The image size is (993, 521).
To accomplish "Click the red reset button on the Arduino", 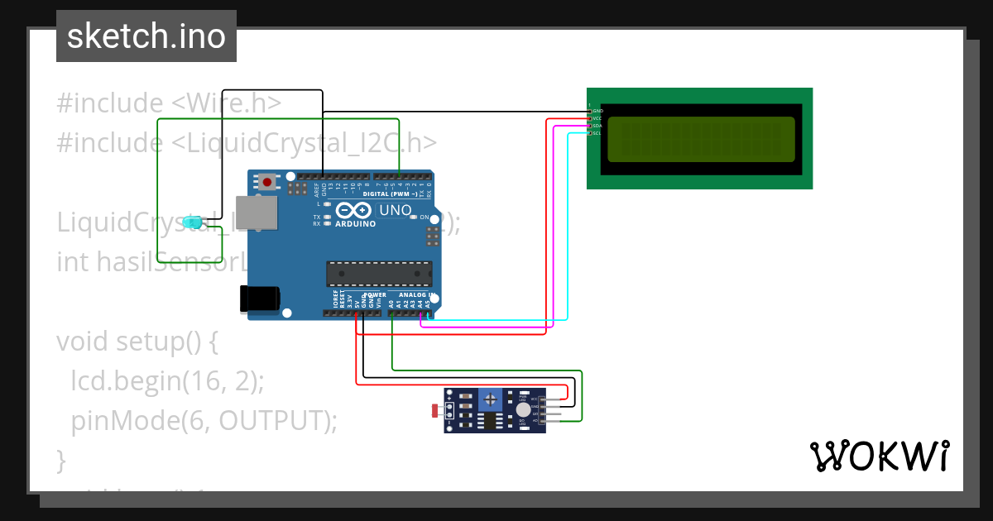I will pyautogui.click(x=267, y=182).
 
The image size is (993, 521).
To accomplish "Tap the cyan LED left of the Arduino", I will pyautogui.click(x=194, y=222).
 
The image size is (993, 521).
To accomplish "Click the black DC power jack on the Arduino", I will pyautogui.click(x=259, y=299).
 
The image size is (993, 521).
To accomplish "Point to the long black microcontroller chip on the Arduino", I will pyautogui.click(x=379, y=274).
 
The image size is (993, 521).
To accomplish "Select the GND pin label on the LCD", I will pyautogui.click(x=597, y=111).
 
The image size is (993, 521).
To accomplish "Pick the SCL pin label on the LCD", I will pyautogui.click(x=597, y=133).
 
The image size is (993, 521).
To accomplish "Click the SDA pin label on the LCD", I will pyautogui.click(x=597, y=126).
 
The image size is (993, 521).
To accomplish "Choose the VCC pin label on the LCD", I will pyautogui.click(x=597, y=118).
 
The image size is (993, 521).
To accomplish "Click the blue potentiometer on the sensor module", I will pyautogui.click(x=492, y=401).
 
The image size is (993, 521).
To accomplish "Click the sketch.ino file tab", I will pyautogui.click(x=146, y=36).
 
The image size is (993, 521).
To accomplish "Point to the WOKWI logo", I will pyautogui.click(x=879, y=456).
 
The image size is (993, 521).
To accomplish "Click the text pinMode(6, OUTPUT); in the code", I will pyautogui.click(x=204, y=420).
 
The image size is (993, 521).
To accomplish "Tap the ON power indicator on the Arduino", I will pyautogui.click(x=424, y=217).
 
